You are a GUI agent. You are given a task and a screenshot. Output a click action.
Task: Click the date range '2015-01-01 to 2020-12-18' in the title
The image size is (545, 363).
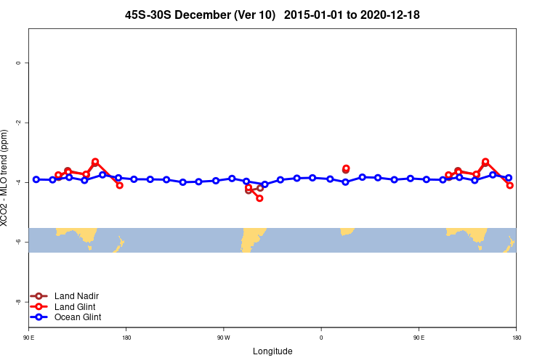[x=352, y=15]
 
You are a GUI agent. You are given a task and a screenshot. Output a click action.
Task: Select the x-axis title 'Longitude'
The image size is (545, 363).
[x=272, y=351]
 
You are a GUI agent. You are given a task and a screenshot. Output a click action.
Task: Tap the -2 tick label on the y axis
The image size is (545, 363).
[x=18, y=123]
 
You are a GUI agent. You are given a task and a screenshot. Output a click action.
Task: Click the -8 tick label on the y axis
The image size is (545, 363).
[x=18, y=301]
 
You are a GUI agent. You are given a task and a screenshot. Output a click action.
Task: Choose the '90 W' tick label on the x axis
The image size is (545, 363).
[x=223, y=338]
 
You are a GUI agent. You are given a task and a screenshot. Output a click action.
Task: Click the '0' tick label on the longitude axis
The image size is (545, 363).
[x=321, y=338]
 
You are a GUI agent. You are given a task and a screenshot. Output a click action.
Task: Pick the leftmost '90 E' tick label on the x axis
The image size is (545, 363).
[x=28, y=338]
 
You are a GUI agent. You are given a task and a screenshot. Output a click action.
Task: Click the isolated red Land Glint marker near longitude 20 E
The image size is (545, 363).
[x=346, y=168]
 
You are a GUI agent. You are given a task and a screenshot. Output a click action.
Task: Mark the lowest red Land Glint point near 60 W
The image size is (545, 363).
[x=259, y=198]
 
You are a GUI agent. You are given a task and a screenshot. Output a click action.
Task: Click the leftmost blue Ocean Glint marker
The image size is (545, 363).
[x=36, y=179]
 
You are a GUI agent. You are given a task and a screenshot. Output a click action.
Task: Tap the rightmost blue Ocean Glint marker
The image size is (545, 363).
[x=509, y=178]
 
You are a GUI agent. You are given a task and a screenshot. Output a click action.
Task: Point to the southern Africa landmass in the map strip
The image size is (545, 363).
[x=347, y=231]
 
